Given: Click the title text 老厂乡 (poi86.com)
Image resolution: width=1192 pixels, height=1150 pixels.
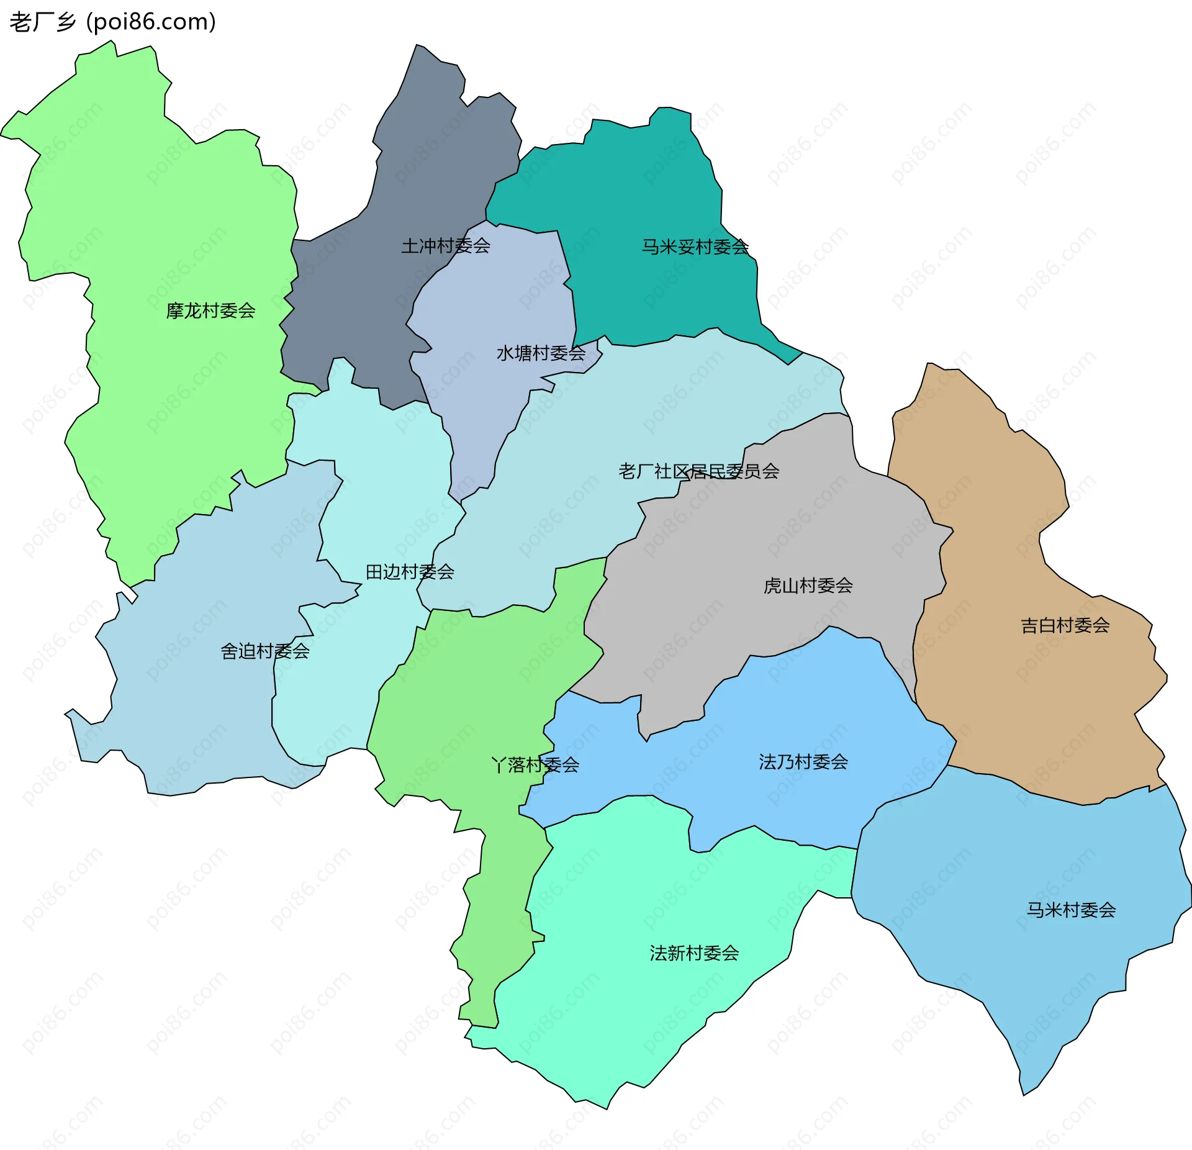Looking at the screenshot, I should point(112,22).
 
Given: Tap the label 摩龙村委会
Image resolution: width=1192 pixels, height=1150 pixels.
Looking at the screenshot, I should point(210,310).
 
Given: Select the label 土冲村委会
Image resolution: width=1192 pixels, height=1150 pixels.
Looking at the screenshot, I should point(446,246).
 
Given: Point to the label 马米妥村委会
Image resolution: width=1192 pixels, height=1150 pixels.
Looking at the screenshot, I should point(695,247).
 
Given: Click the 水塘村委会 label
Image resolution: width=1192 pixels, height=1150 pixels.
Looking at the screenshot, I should point(541,353).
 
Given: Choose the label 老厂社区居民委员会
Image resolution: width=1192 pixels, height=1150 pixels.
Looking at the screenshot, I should point(698,471).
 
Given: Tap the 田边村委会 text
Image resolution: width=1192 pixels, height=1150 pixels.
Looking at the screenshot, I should point(410,572).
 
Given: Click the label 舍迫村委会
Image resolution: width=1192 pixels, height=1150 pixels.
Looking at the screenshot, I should point(265,651).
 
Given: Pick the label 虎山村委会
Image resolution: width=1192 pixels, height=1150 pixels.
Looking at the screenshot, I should point(808,586).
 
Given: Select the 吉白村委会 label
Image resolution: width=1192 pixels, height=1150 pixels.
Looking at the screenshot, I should point(1065,625).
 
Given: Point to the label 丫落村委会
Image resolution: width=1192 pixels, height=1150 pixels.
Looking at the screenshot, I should point(535,765).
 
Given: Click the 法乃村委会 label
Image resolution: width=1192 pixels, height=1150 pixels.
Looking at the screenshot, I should point(803,762).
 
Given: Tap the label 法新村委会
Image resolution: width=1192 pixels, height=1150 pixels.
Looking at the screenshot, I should point(694,953).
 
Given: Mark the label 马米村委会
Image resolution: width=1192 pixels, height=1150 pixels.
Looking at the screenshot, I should point(1071,910).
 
